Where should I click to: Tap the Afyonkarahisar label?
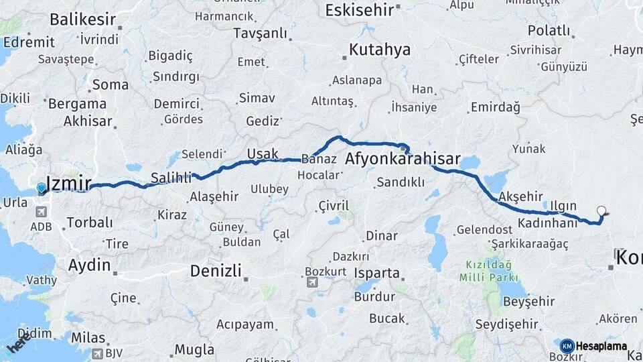coord(403,160)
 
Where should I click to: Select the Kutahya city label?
coord(379,50)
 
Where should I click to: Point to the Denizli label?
coord(215,271)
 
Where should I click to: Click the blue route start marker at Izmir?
coord(42,189)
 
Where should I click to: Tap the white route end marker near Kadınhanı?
coord(601,211)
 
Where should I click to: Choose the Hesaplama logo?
coord(593,346)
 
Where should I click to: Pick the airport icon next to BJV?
coord(98,353)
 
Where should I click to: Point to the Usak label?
coord(263,154)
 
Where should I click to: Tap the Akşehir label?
coord(520,196)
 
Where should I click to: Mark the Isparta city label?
coord(377,274)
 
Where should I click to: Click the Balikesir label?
coord(83,19)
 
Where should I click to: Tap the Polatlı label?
coord(549,31)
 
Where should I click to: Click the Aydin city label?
coord(89,265)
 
